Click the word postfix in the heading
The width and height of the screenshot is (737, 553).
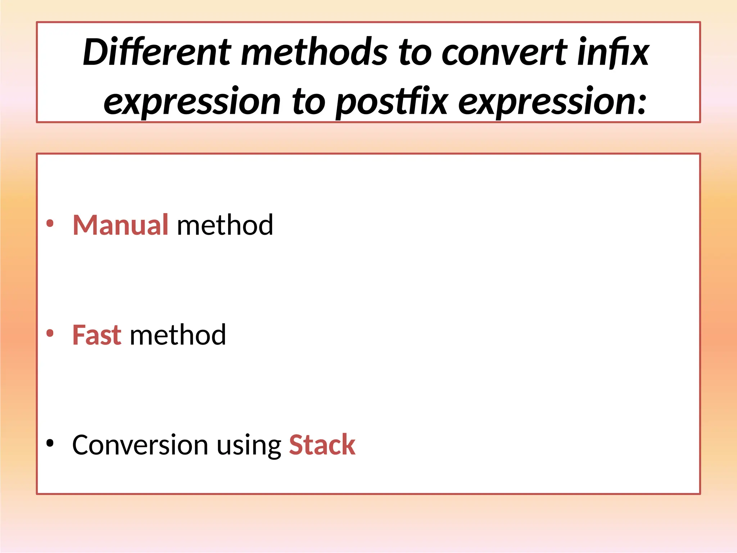coord(392,103)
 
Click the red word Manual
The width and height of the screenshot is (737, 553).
coord(120,225)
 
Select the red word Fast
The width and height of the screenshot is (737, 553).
coord(97,335)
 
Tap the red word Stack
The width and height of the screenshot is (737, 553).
coord(322,445)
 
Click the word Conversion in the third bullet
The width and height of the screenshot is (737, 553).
coord(140,445)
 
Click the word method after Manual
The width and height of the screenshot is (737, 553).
coord(225,225)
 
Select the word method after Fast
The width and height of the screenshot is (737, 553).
coord(178,335)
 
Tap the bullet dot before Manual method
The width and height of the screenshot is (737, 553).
coord(50,224)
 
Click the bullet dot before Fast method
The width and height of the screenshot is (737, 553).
coord(50,333)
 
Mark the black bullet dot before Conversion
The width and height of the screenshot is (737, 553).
coord(50,444)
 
